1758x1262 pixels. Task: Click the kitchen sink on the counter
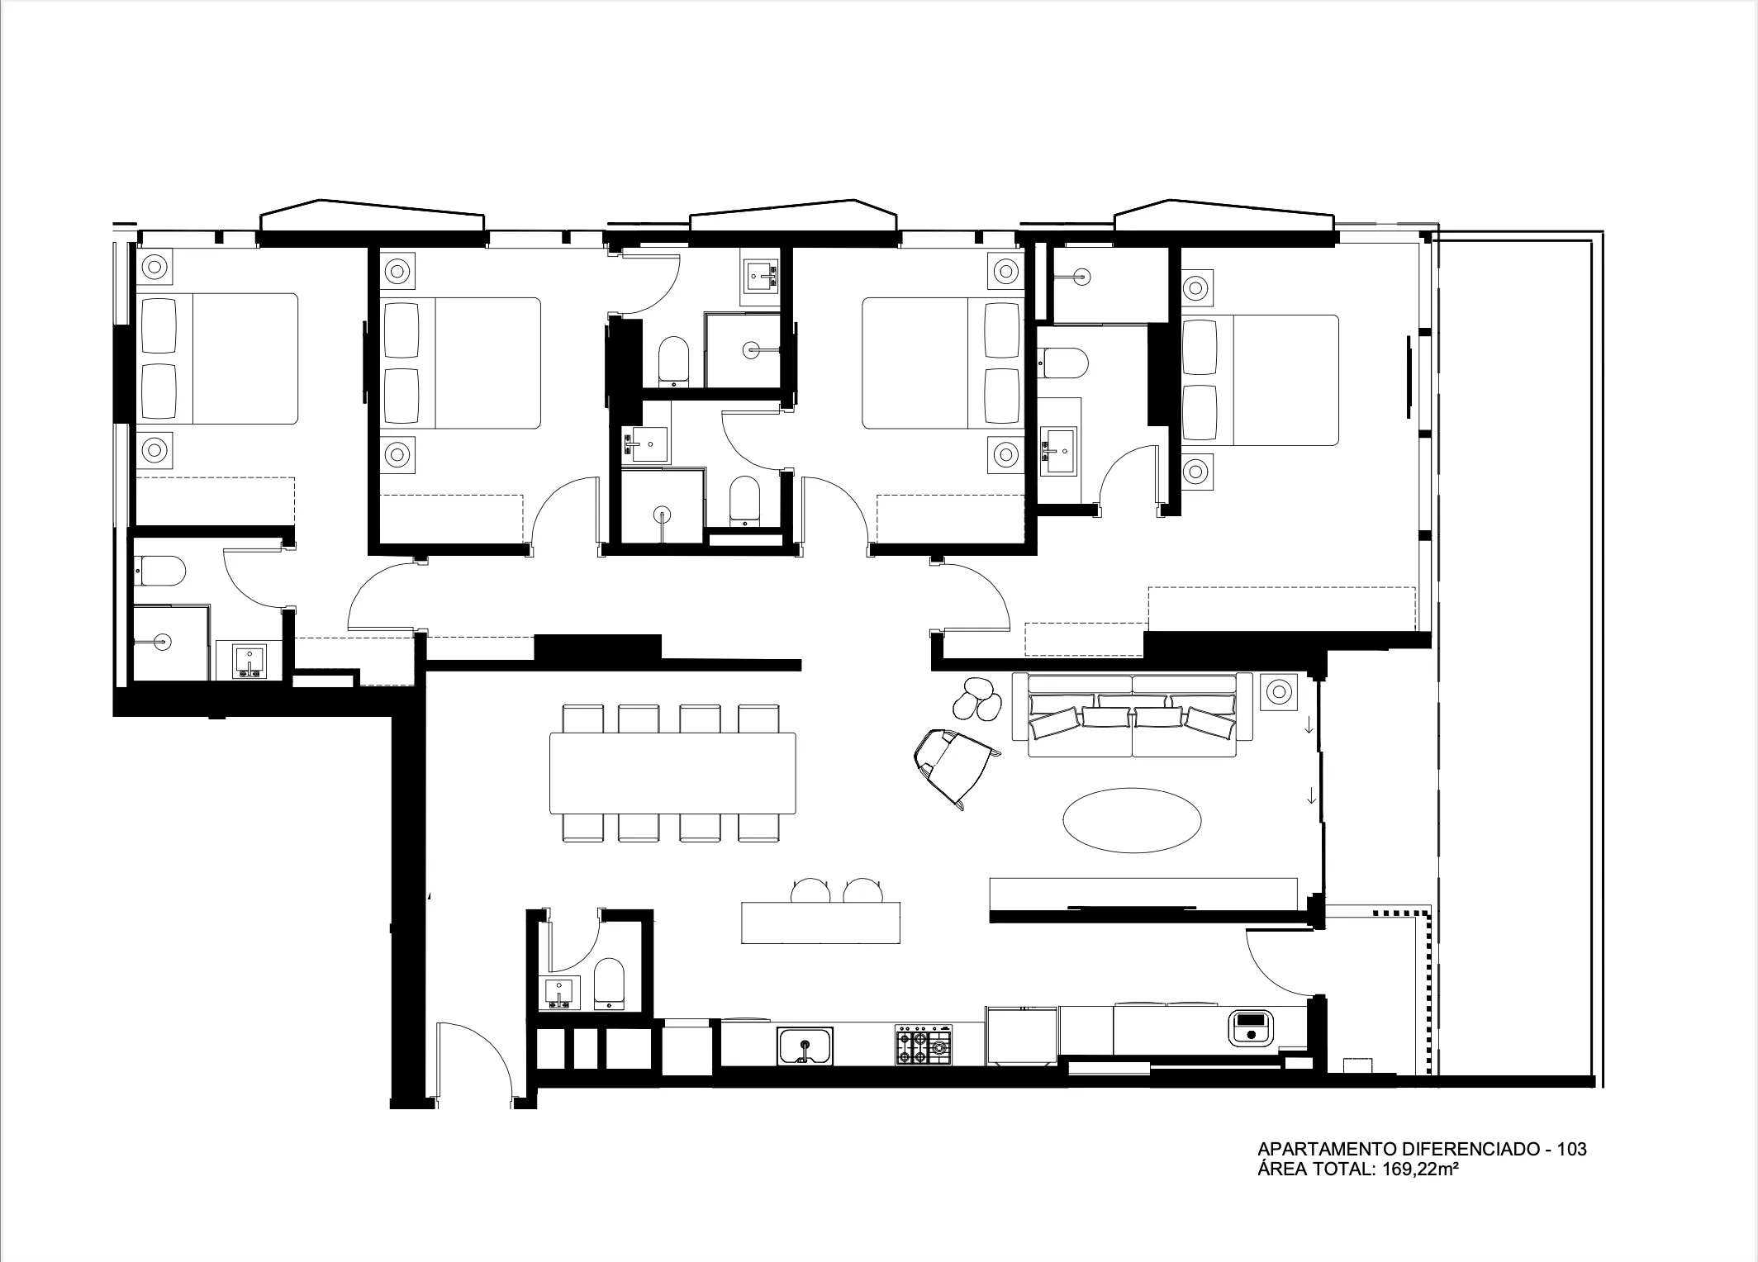[805, 1046]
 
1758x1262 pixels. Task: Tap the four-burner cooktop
[924, 1046]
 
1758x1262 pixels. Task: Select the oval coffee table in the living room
[1131, 819]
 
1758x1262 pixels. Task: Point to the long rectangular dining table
[672, 773]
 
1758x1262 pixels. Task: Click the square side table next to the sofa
[1279, 690]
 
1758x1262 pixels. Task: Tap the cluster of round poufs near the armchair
[976, 700]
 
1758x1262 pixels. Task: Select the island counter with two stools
[820, 922]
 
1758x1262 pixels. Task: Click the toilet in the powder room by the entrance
[611, 984]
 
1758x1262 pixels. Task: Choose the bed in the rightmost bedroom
[1260, 380]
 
